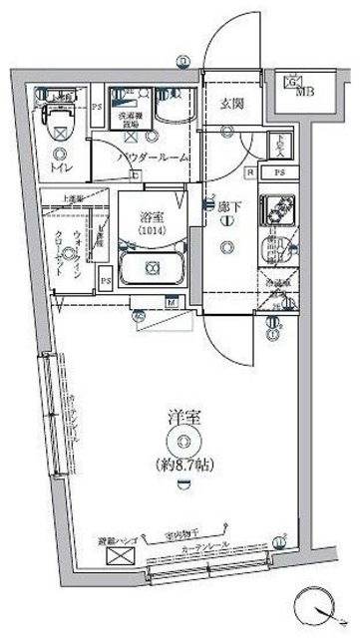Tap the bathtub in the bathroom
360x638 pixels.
coord(152,268)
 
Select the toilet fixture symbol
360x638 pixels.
coord(59,121)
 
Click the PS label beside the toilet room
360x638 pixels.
coord(97,108)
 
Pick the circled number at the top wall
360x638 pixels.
coord(182,63)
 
